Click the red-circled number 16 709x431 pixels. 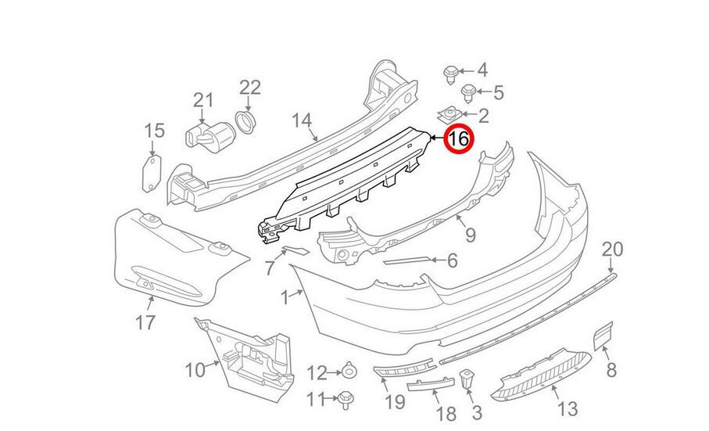tap(457, 140)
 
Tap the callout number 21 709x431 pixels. tap(203, 99)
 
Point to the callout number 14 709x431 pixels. tap(302, 120)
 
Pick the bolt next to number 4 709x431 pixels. tap(451, 74)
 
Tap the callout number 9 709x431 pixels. tap(470, 233)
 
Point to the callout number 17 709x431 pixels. tap(145, 321)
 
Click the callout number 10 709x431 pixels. tap(195, 368)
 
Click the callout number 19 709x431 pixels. tap(395, 402)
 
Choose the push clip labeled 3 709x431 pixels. tap(467, 383)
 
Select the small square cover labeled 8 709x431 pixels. tap(603, 336)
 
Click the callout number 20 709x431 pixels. tap(613, 250)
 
